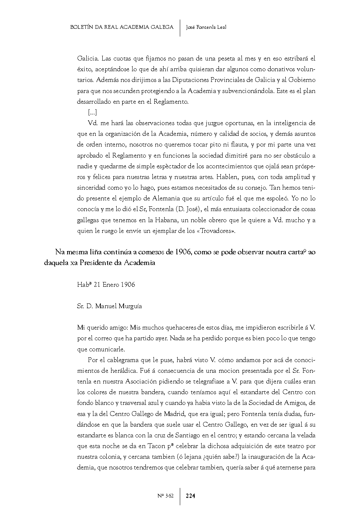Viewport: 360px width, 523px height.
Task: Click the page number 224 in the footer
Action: pyautogui.click(x=191, y=496)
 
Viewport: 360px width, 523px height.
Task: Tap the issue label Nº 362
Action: pyautogui.click(x=165, y=496)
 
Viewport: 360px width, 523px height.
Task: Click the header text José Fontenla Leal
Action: pyautogui.click(x=206, y=27)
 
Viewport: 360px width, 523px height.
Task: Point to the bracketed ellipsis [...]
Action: pyautogui.click(x=92, y=112)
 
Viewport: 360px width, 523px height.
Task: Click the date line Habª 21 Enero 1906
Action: pyautogui.click(x=106, y=284)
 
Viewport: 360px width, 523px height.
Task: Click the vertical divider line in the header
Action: pyautogui.click(x=180, y=28)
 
